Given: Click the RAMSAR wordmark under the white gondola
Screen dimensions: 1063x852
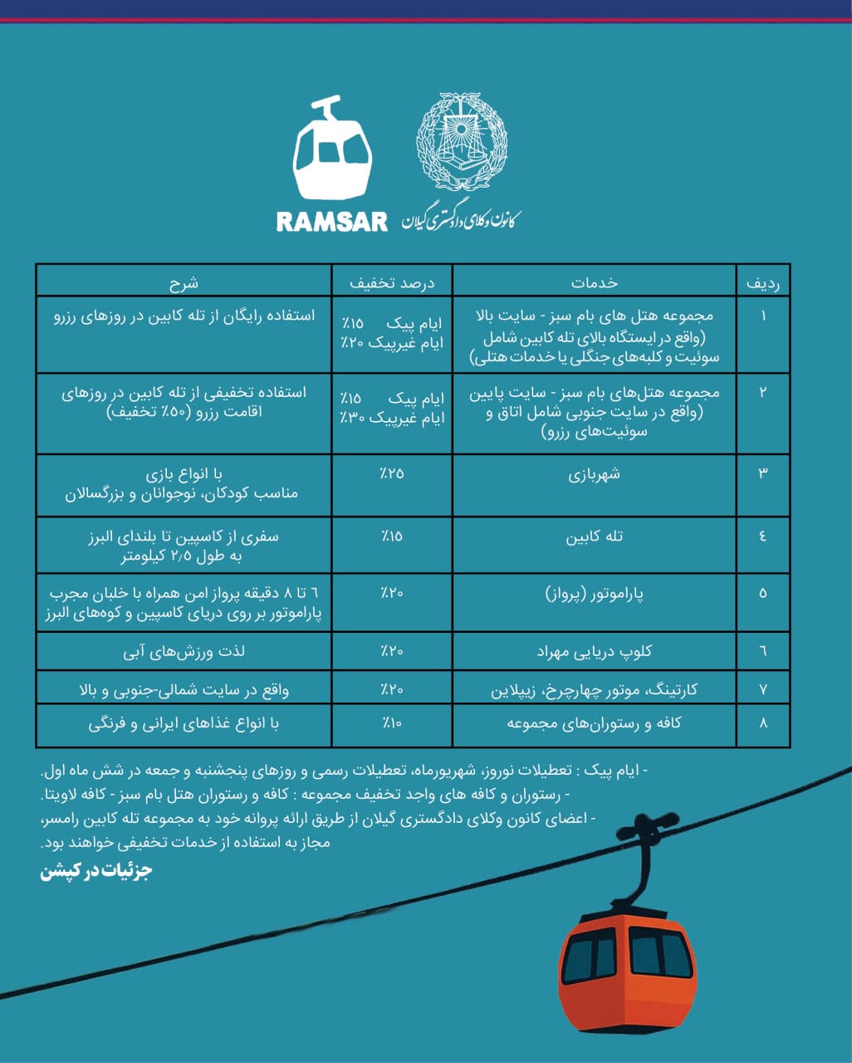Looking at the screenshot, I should pyautogui.click(x=331, y=222).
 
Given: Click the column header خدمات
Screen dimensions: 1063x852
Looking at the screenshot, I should pyautogui.click(x=595, y=282).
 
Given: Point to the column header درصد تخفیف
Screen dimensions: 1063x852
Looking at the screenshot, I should pyautogui.click(x=392, y=282).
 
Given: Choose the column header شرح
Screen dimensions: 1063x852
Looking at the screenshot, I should pyautogui.click(x=184, y=282).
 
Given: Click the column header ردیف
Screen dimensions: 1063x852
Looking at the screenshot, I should pyautogui.click(x=762, y=282).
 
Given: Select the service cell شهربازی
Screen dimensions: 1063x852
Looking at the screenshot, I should pyautogui.click(x=594, y=475).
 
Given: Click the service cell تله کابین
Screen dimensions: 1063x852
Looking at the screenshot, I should pyautogui.click(x=594, y=537).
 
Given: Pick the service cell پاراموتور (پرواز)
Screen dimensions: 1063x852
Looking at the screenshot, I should pyautogui.click(x=594, y=594).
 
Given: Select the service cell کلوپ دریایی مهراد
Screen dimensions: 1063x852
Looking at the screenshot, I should pyautogui.click(x=594, y=652).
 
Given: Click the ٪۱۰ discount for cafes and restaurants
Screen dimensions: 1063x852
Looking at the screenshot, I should pyautogui.click(x=392, y=723).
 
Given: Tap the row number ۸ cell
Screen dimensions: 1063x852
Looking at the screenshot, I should pyautogui.click(x=763, y=723).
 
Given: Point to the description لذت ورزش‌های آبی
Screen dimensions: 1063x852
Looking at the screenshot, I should pyautogui.click(x=184, y=652).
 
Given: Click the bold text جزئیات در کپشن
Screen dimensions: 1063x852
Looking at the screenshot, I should pyautogui.click(x=96, y=872).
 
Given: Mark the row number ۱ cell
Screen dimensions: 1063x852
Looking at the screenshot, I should pyautogui.click(x=763, y=316).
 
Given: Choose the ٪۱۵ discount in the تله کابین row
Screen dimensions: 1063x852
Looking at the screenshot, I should pyautogui.click(x=392, y=536).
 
